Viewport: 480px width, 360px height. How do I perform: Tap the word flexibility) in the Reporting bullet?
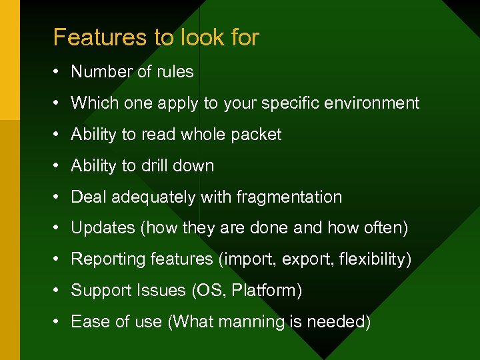(x=376, y=259)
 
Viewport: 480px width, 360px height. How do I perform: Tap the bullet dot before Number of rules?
(x=57, y=72)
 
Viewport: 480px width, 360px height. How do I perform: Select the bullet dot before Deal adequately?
(x=57, y=197)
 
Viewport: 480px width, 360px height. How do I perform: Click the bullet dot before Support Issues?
(x=57, y=291)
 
